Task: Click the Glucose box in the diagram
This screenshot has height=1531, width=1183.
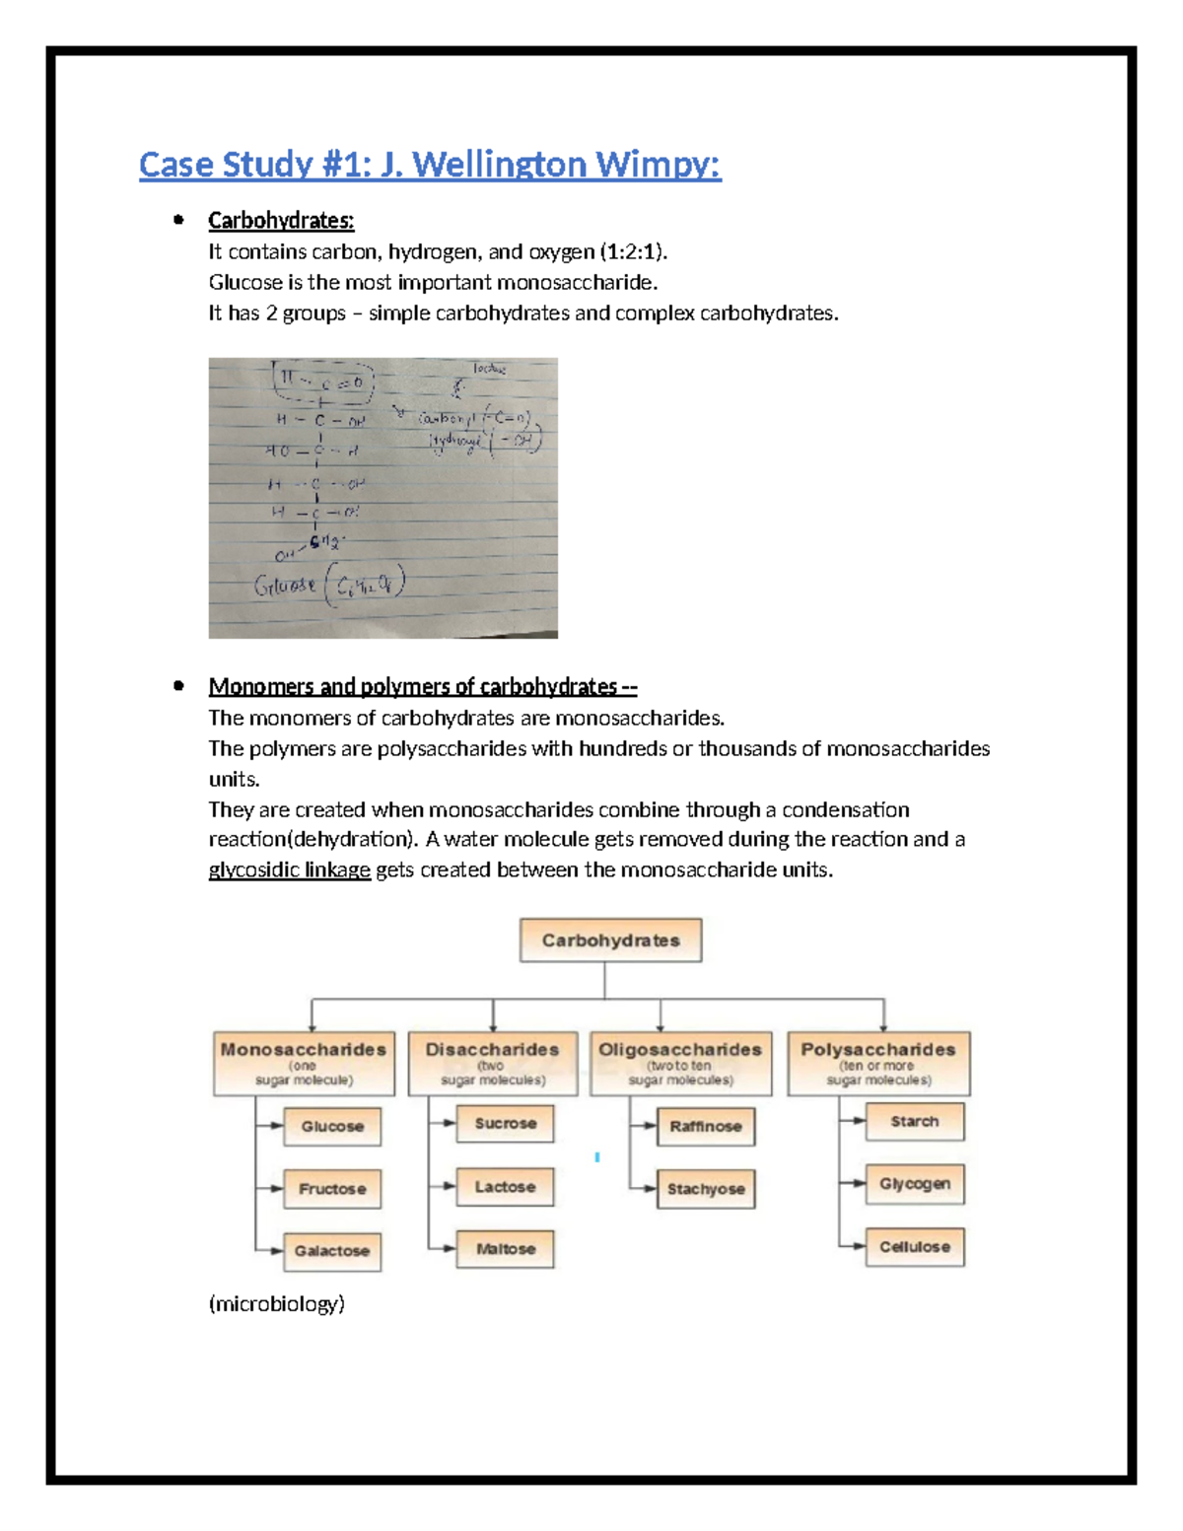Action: click(332, 1127)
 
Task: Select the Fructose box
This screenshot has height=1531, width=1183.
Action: click(332, 1189)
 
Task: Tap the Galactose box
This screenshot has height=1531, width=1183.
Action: click(332, 1251)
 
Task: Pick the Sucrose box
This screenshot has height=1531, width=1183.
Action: click(505, 1124)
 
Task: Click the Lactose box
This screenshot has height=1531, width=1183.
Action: click(505, 1187)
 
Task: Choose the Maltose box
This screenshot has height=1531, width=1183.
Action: click(505, 1249)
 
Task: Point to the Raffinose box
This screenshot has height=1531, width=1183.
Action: click(705, 1127)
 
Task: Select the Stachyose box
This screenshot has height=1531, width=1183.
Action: click(705, 1189)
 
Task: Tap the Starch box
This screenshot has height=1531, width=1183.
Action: click(914, 1122)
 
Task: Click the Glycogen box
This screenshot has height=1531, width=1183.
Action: click(914, 1184)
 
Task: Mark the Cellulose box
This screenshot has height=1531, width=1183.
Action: click(914, 1247)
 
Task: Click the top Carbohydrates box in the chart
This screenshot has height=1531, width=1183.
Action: click(610, 940)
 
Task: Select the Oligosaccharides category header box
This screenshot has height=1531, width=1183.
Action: click(680, 1063)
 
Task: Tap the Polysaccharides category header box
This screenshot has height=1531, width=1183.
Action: click(878, 1063)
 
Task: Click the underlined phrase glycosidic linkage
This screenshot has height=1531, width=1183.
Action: click(289, 870)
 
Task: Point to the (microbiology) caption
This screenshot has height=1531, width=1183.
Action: click(276, 1303)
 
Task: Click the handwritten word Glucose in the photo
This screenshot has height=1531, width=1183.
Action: click(285, 586)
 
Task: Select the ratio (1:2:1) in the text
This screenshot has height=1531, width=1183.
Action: click(633, 252)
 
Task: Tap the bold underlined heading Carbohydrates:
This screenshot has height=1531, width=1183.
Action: click(281, 220)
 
